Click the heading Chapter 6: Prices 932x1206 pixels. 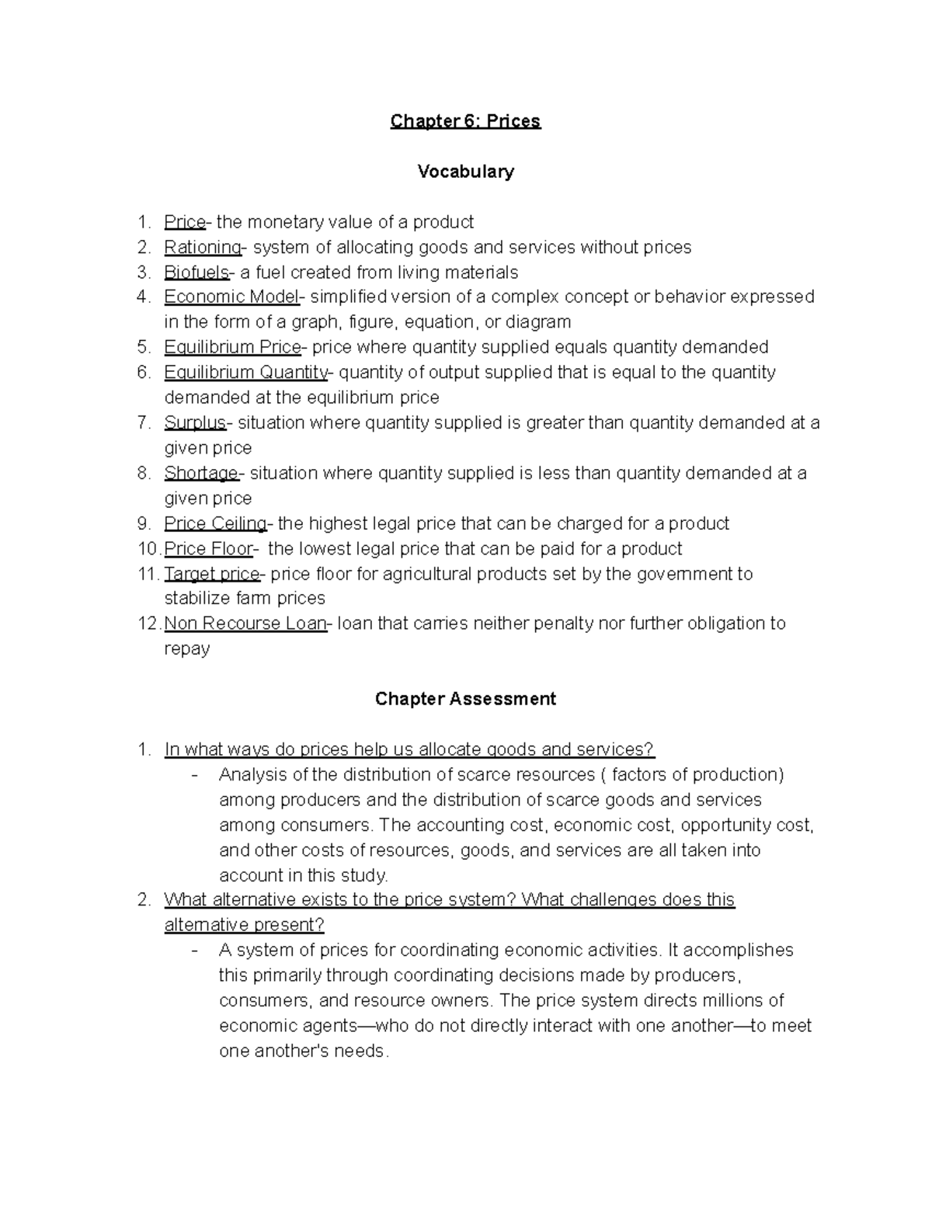(465, 121)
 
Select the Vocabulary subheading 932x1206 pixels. (465, 172)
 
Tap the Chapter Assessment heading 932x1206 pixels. (465, 699)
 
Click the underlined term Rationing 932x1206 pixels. (203, 248)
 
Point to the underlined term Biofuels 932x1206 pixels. (196, 273)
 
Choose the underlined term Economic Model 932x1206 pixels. (231, 297)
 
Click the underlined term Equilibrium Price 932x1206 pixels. (232, 347)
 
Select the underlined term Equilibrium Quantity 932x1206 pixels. (245, 373)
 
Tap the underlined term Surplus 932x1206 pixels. (194, 423)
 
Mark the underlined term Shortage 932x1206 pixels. (201, 474)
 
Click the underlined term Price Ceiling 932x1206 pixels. (215, 524)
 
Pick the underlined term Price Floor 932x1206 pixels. (208, 549)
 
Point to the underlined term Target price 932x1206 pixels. (212, 574)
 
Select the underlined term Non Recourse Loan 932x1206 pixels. (245, 624)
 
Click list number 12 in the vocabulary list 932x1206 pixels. (148, 624)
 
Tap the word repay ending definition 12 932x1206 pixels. (187, 649)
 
